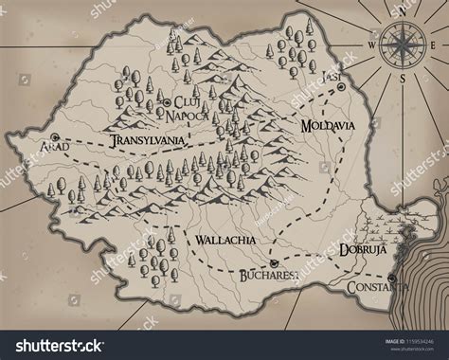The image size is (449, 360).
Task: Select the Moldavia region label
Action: coord(328,125)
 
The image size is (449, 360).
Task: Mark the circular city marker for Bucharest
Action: coord(272,261)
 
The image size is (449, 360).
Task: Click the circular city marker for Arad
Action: coord(41,136)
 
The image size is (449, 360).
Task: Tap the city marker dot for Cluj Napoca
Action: coord(167,100)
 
